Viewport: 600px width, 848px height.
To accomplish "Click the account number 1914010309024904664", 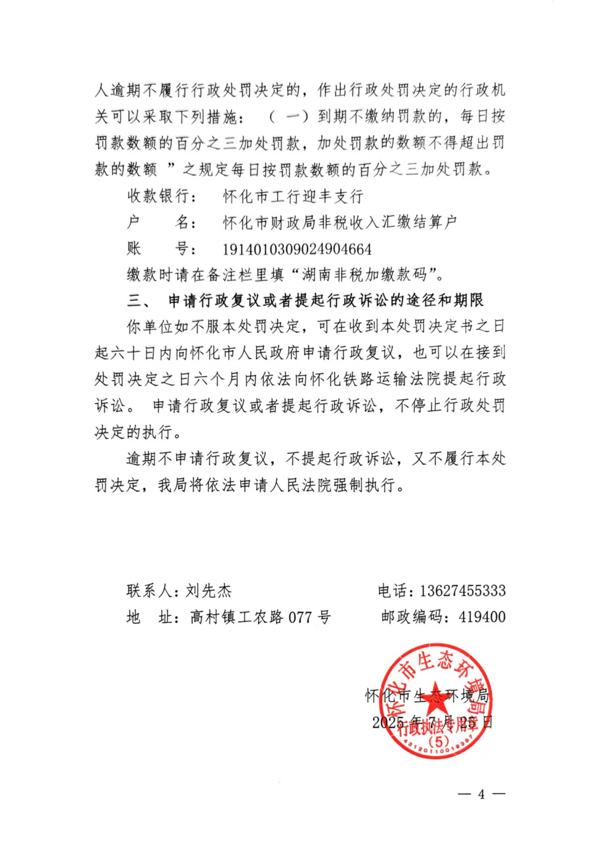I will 297,249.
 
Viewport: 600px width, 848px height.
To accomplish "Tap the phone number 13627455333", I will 462,591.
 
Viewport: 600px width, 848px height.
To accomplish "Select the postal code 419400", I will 482,617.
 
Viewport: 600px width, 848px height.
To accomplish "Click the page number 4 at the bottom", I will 481,794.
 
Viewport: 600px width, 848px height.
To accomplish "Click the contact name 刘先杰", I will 209,591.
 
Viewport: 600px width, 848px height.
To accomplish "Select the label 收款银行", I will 159,196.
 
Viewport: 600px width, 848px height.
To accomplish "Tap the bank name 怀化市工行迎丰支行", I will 293,196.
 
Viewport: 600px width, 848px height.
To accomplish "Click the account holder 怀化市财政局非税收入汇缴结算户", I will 340,222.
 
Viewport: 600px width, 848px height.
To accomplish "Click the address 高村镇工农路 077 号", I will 261,617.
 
